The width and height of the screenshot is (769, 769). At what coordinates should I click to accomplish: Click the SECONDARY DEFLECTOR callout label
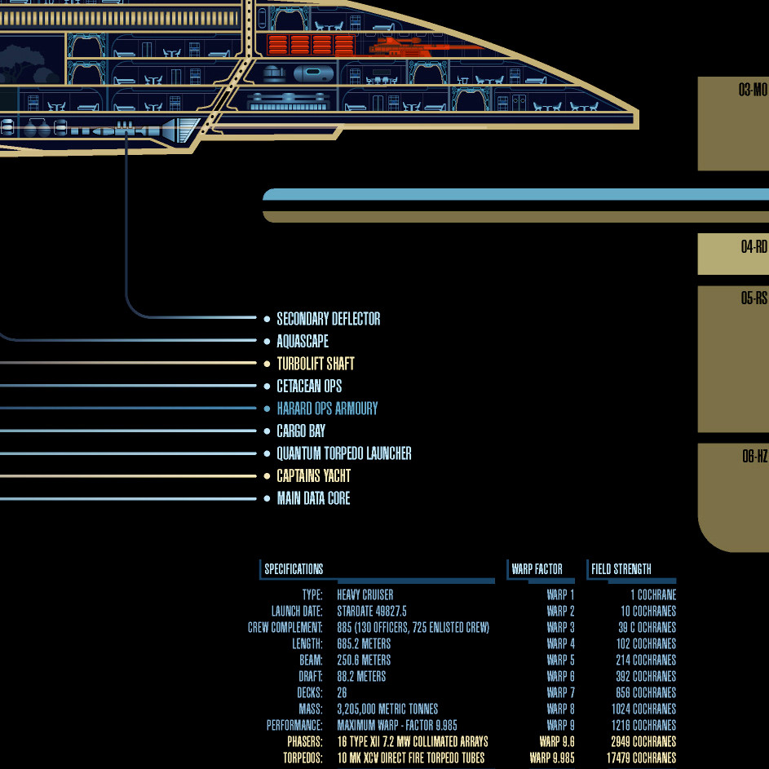[328, 319]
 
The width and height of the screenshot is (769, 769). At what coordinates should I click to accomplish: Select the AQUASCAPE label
[302, 342]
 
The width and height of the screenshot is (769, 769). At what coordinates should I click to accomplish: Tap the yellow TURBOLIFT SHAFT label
[315, 364]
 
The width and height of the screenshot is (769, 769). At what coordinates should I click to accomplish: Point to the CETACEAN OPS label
[309, 387]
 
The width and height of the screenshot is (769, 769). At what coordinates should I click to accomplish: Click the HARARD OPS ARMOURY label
[327, 409]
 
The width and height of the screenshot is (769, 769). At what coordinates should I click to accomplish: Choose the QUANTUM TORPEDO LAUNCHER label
[343, 453]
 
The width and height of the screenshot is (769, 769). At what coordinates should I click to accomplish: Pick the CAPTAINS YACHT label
[313, 476]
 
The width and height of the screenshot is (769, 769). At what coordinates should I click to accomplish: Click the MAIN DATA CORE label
[313, 498]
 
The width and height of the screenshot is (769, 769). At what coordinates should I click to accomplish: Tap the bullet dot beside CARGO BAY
[267, 431]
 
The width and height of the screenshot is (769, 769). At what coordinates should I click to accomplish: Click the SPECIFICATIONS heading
[294, 569]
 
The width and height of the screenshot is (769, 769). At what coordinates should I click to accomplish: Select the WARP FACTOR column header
[537, 569]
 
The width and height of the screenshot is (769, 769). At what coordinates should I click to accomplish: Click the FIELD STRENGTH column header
[621, 569]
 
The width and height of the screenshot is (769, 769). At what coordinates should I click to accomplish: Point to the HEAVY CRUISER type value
[365, 595]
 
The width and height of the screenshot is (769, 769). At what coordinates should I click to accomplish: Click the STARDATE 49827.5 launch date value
[371, 612]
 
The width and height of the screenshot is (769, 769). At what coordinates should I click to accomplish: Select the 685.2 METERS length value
[363, 644]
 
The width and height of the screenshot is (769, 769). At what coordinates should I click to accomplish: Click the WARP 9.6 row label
[557, 742]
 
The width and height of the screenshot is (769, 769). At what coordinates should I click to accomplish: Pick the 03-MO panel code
[753, 90]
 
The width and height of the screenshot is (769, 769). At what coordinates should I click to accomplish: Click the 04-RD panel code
[754, 247]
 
